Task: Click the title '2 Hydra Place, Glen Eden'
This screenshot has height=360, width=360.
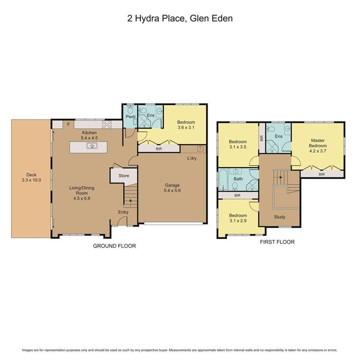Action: click(x=180, y=19)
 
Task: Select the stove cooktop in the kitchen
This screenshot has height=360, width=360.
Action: click(x=106, y=125)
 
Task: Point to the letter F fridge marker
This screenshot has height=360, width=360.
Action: click(x=69, y=125)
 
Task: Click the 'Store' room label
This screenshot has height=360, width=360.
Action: click(x=124, y=176)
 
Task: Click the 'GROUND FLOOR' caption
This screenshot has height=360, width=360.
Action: click(x=114, y=246)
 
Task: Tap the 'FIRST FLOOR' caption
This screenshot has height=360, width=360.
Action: click(x=277, y=242)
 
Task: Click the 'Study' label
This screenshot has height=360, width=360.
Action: click(x=279, y=217)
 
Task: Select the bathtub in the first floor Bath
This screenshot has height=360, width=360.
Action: click(x=223, y=180)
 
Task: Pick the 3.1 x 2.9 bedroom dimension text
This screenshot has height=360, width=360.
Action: click(x=238, y=221)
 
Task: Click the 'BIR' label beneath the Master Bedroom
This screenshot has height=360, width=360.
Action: click(x=321, y=174)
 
